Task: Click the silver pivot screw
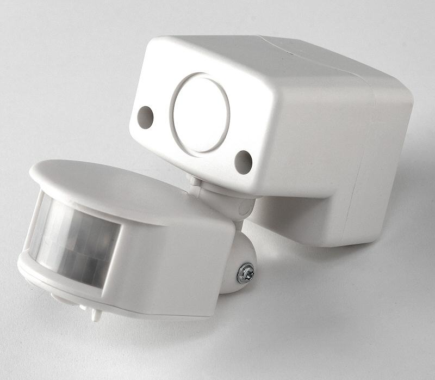coord(246,273)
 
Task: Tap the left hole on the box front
coord(145,117)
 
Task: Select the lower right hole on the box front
coord(243,162)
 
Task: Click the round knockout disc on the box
coord(200,114)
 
